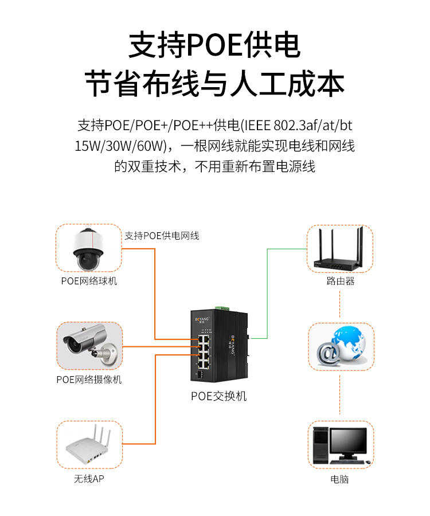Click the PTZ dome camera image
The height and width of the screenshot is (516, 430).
click(x=88, y=249)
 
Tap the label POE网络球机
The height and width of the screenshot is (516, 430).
click(x=89, y=281)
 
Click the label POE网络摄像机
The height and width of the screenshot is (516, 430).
click(x=89, y=380)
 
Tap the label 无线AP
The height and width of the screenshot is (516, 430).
click(x=89, y=479)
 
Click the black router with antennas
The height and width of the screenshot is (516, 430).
click(x=338, y=250)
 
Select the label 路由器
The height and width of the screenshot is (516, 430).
click(x=341, y=281)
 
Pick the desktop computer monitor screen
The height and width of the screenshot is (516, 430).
click(x=348, y=441)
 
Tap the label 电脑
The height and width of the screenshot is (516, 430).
click(x=339, y=479)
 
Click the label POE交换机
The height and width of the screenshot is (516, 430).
click(x=219, y=396)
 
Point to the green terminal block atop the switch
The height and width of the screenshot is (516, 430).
click(x=222, y=308)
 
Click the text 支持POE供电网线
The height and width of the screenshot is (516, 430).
click(x=162, y=236)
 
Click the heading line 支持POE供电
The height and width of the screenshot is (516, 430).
click(x=214, y=45)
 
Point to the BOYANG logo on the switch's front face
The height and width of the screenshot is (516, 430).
click(x=202, y=319)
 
